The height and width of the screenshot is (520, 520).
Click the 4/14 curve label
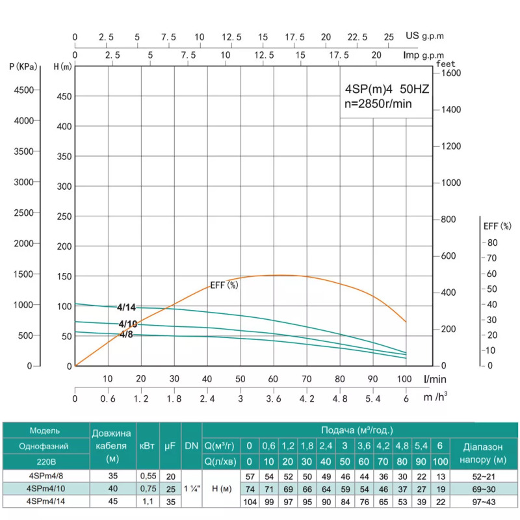[x=127, y=307]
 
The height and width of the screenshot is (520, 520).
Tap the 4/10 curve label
[x=127, y=324]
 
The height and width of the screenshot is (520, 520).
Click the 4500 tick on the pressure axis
[x=25, y=90]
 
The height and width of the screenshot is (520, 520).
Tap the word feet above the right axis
[x=446, y=64]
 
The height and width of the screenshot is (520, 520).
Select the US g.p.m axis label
[x=425, y=37]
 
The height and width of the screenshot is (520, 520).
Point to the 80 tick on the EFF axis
[x=492, y=242]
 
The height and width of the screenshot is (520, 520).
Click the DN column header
[x=191, y=445]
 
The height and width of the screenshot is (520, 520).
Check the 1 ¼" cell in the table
[x=191, y=488]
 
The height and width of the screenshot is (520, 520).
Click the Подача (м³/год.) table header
[x=357, y=430]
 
